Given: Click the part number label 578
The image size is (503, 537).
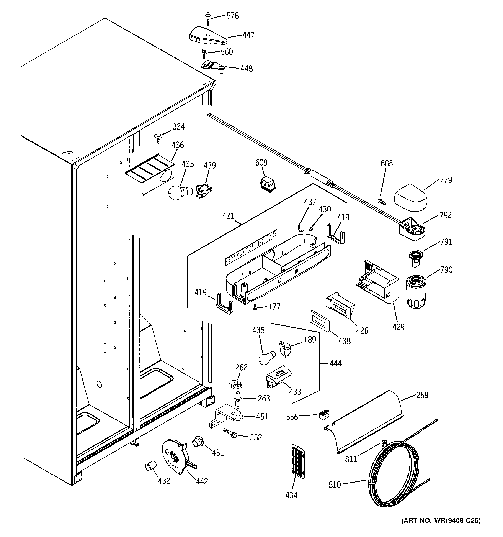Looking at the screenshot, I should (x=232, y=16).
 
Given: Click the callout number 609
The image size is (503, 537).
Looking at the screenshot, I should (x=261, y=163).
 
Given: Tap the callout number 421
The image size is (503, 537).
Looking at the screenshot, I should (x=228, y=216).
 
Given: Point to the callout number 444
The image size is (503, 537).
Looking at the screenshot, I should (x=336, y=363).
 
